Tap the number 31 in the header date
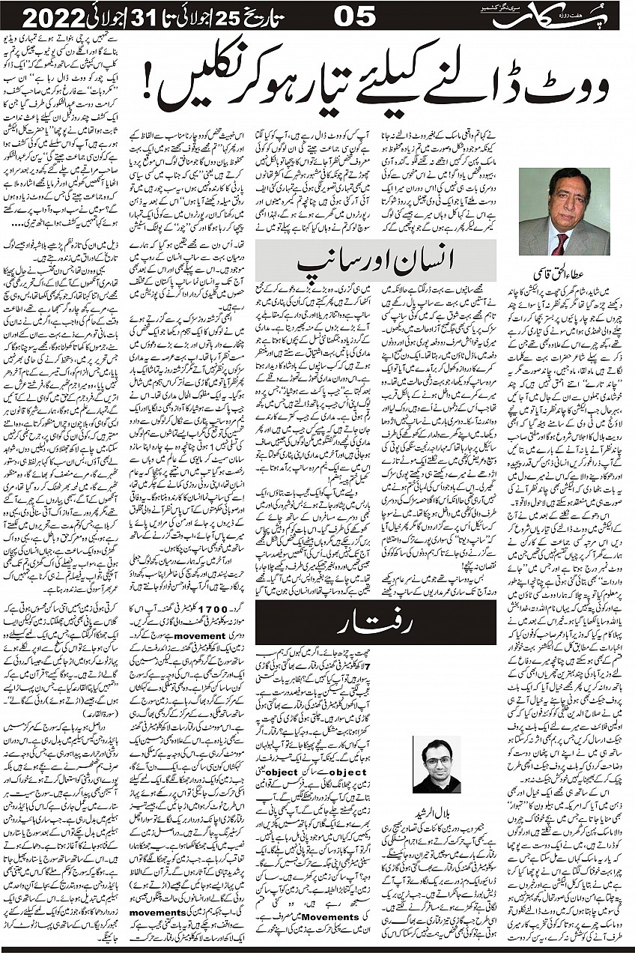click(147, 15)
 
